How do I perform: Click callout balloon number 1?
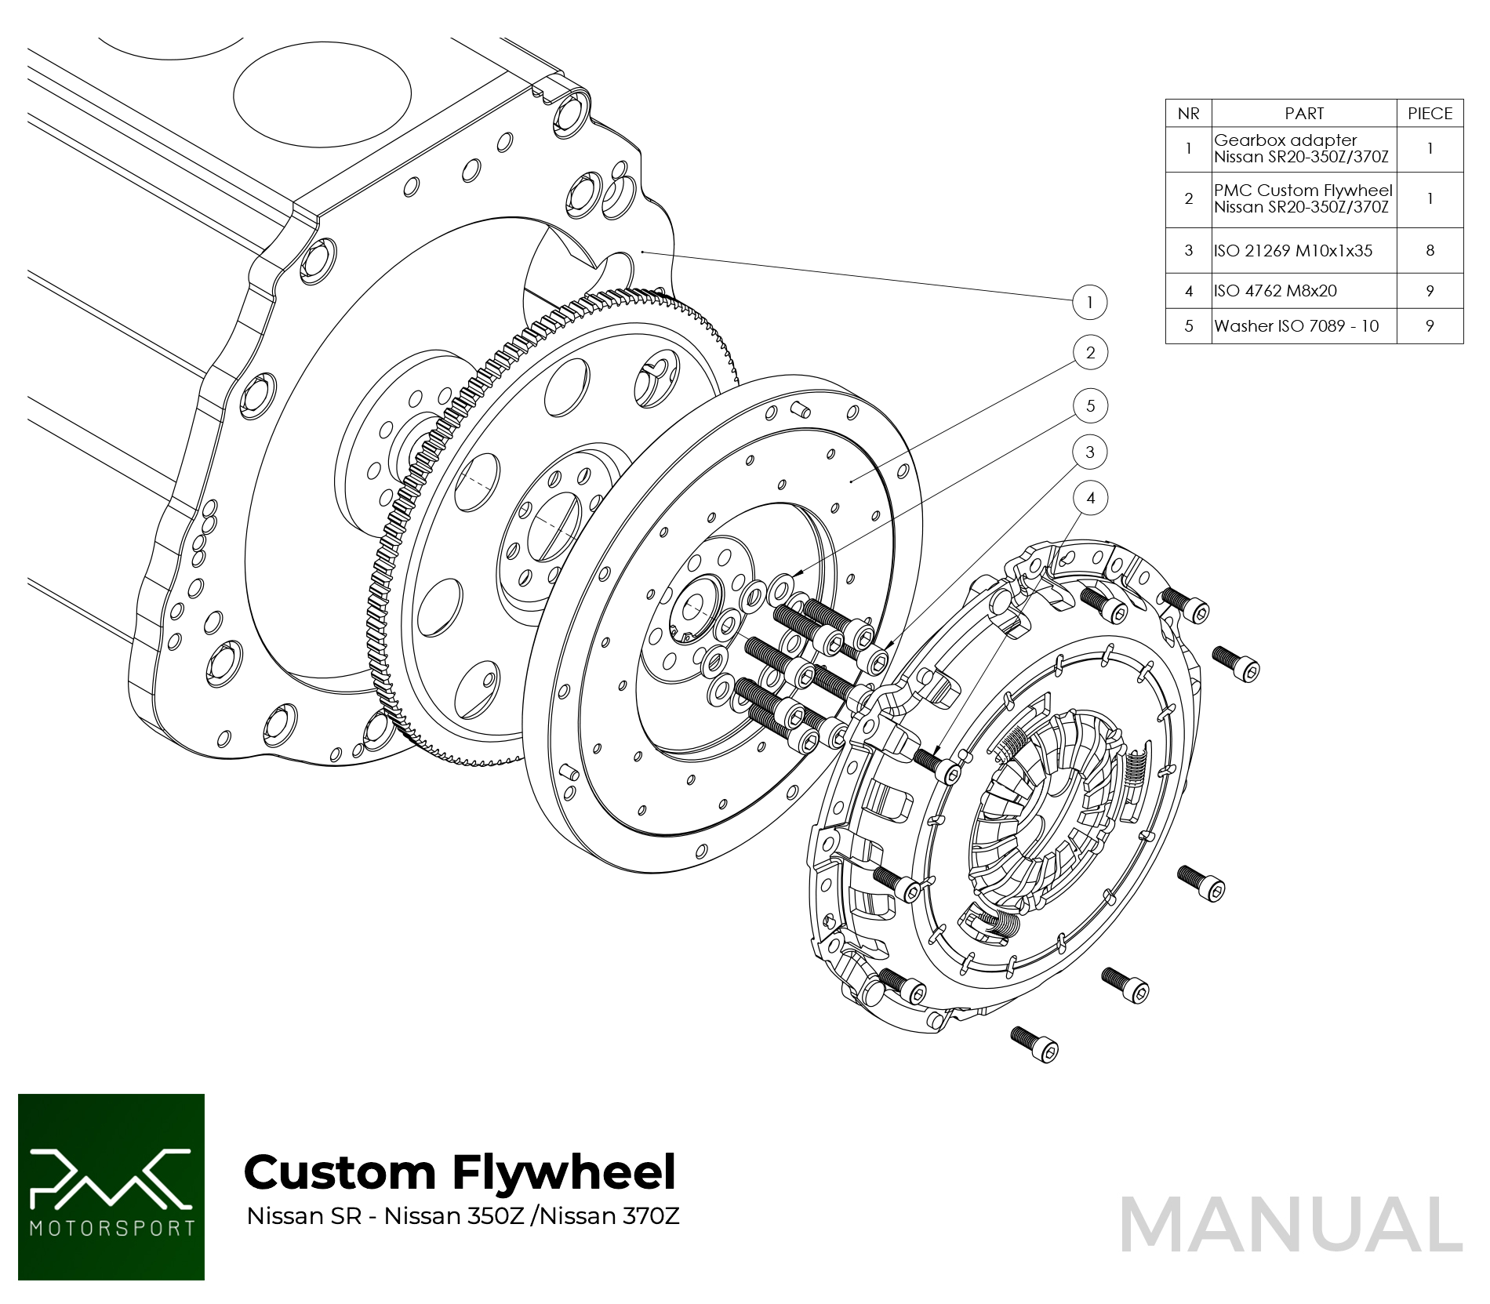click(1089, 303)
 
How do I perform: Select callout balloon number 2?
click(1090, 353)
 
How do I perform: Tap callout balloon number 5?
click(1090, 406)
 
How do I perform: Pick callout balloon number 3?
click(1090, 452)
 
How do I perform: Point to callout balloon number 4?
click(1090, 498)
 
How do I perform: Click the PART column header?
click(1303, 114)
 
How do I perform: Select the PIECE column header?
click(1430, 114)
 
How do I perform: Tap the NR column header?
click(1188, 114)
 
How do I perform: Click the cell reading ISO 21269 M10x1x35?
click(1293, 251)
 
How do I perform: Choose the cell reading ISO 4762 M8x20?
click(1275, 291)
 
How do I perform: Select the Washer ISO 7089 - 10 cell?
click(1296, 326)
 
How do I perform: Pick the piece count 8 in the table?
click(1430, 251)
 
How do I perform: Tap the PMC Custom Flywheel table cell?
click(1303, 199)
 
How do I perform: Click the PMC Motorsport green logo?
click(111, 1186)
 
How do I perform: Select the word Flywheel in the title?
click(564, 1172)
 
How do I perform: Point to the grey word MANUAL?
click(1291, 1225)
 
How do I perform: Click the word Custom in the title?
click(340, 1172)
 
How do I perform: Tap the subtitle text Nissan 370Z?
click(609, 1216)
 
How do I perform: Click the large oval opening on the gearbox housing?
click(322, 94)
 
